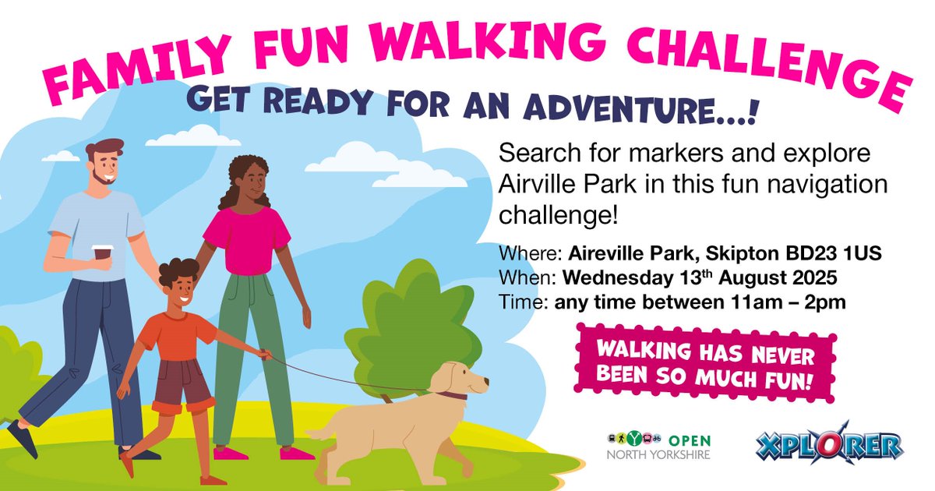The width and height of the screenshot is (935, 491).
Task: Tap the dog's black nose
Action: coord(486,382)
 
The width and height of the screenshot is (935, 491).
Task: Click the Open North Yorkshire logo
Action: coord(659,447)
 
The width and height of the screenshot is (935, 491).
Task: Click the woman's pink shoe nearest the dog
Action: coord(297,453)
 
